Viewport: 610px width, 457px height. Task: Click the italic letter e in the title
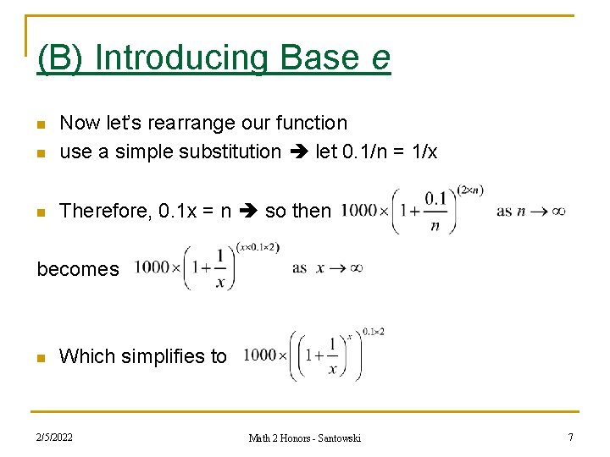tap(380, 58)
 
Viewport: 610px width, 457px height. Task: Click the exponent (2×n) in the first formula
tap(469, 190)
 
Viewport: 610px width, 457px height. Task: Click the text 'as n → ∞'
tap(531, 211)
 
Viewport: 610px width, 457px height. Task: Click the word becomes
tap(78, 269)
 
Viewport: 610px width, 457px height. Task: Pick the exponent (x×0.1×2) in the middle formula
tap(258, 247)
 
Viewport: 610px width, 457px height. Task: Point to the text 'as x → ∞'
tap(327, 267)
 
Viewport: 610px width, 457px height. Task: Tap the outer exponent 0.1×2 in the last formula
tap(374, 331)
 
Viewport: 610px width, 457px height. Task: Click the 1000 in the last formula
tap(260, 355)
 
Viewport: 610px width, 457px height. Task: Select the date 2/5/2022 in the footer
tap(54, 438)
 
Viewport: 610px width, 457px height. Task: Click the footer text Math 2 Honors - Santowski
tap(304, 438)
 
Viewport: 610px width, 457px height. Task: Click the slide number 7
tap(570, 438)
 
